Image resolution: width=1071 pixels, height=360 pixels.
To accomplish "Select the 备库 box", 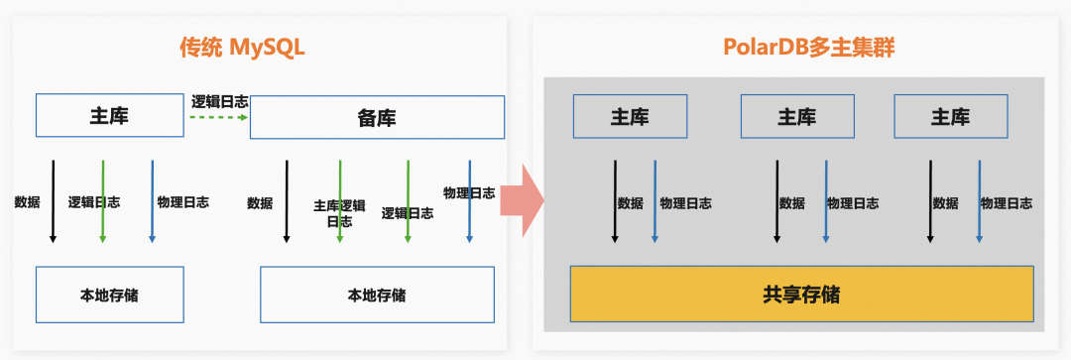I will [377, 118].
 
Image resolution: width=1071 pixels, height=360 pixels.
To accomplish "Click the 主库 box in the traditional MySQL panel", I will [109, 115].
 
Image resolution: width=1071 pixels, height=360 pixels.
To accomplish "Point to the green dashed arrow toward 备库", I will [218, 117].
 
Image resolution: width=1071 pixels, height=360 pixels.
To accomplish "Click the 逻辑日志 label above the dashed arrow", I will [219, 100].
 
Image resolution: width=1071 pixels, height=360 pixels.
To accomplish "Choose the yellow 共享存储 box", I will [801, 294].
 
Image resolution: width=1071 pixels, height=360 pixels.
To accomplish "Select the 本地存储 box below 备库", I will [376, 295].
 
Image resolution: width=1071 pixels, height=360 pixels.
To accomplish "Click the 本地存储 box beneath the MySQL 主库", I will [109, 295].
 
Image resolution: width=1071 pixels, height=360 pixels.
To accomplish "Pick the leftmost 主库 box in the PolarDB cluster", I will [630, 116].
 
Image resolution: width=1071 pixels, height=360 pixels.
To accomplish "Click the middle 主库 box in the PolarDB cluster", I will [796, 116].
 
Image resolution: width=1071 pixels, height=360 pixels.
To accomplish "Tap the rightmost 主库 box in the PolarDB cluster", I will [950, 116].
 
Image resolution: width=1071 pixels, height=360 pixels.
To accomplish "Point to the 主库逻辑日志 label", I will [339, 212].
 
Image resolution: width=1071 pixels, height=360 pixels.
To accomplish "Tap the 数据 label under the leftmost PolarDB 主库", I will [630, 203].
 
